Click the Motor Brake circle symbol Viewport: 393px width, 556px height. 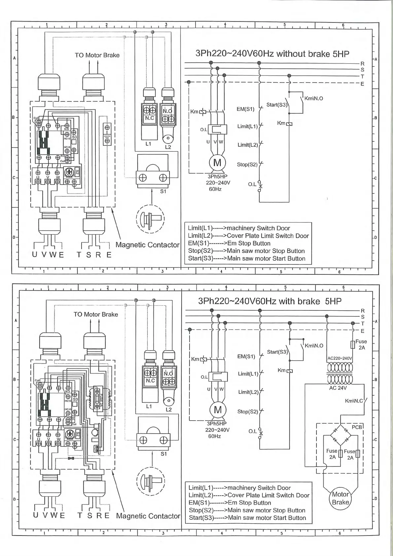340,498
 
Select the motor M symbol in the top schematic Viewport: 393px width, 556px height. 217,163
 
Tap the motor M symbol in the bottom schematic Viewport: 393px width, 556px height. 218,410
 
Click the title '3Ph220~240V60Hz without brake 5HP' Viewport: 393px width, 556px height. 272,54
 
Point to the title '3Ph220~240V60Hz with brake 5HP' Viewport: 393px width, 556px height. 269,301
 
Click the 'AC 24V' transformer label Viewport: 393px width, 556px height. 338,388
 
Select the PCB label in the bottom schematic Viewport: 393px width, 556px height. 357,427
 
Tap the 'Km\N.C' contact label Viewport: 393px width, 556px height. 354,401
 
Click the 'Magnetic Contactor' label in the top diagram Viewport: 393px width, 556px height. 147,245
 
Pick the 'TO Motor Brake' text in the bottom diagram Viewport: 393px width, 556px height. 96,314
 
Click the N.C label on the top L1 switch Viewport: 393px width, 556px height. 150,118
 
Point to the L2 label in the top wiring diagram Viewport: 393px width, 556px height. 168,147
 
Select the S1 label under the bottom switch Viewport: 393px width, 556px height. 163,454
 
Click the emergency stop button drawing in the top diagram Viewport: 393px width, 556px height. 150,219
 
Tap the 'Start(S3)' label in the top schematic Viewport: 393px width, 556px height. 277,105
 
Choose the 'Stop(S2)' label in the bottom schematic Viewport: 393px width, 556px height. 247,411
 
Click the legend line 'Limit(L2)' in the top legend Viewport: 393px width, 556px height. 248,236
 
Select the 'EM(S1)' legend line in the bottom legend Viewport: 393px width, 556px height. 230,503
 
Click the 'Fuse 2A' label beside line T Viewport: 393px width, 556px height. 361,344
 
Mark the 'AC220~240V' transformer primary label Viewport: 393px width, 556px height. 339,358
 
